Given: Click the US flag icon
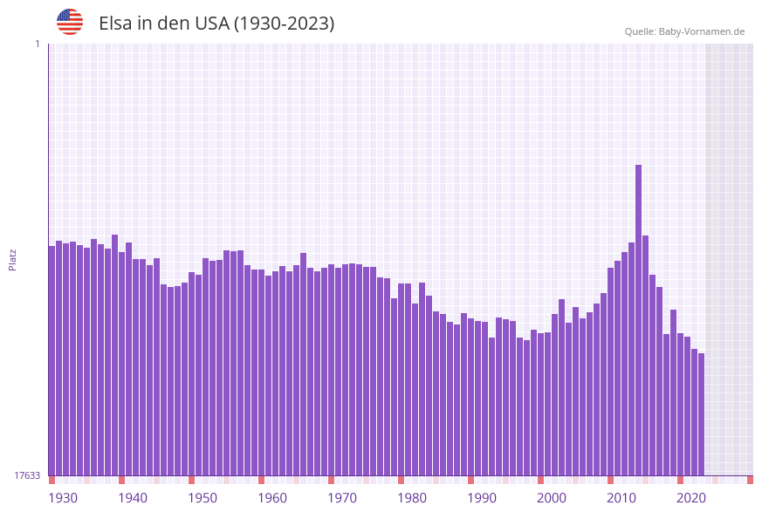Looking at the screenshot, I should (70, 22).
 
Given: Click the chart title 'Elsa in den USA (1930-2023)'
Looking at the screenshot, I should (216, 24).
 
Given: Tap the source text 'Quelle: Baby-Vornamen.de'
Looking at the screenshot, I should (684, 31).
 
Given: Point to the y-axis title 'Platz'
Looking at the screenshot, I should (13, 259).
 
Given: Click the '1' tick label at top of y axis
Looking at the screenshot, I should (37, 44).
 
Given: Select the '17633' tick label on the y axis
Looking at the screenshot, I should (27, 475).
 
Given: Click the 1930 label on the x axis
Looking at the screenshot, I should (63, 498).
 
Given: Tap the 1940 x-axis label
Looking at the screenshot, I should (133, 498).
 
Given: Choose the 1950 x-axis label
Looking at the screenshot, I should (203, 498).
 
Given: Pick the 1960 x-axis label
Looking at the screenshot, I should (272, 498).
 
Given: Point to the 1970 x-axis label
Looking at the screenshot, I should (342, 498).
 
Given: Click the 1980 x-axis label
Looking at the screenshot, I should (412, 498).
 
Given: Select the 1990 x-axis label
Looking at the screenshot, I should (482, 498).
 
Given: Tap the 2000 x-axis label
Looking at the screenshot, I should (552, 498).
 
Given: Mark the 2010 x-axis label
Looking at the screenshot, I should (621, 498).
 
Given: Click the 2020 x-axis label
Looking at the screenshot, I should (691, 498).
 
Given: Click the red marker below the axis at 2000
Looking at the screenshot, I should (541, 480).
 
